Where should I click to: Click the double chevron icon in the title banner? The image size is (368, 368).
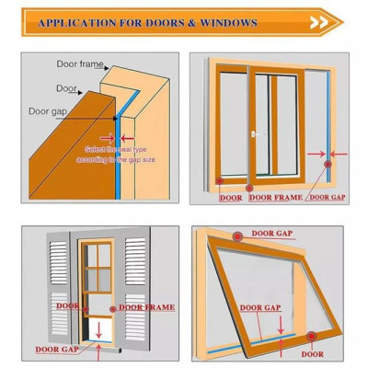[318, 22]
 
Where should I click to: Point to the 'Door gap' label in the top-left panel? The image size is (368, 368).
[48, 111]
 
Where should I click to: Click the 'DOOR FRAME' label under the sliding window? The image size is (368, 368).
[274, 197]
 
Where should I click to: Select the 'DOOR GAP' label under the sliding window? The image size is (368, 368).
[326, 197]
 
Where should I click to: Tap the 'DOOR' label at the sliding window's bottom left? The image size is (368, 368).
[230, 197]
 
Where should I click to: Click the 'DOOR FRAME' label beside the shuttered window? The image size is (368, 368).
[146, 306]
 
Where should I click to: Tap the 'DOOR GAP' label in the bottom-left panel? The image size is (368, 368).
[56, 349]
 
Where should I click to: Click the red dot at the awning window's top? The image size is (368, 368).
[237, 236]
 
